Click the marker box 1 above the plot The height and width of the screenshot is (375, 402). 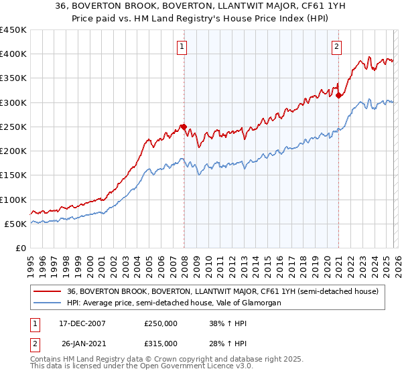(182, 47)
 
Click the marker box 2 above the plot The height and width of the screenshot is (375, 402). (336, 47)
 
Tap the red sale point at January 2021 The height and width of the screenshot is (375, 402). (339, 95)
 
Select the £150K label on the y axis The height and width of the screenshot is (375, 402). (13, 175)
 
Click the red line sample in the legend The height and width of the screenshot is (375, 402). (47, 291)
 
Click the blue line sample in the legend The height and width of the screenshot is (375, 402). (47, 303)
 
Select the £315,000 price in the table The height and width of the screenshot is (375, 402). (161, 344)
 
